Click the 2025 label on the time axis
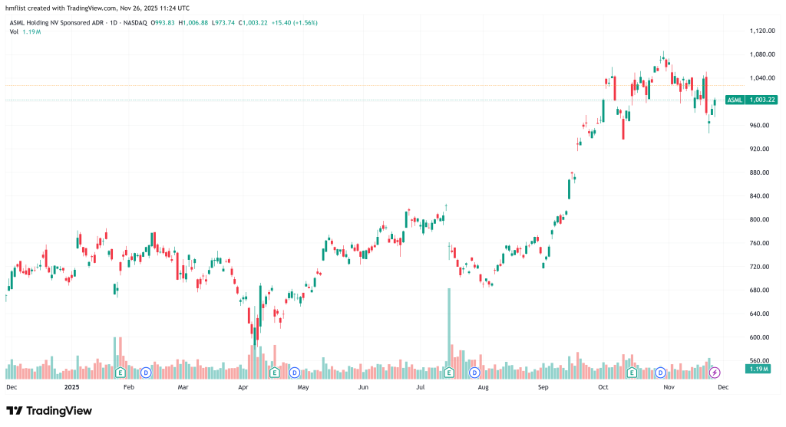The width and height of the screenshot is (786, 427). pyautogui.click(x=71, y=388)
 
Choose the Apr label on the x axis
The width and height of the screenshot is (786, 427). pyautogui.click(x=243, y=388)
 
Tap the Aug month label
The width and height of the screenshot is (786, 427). pyautogui.click(x=483, y=388)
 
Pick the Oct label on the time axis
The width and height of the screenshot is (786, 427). pyautogui.click(x=603, y=388)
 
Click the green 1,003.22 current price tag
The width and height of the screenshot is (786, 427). pyautogui.click(x=762, y=100)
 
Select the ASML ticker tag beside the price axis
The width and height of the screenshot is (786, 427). pyautogui.click(x=735, y=100)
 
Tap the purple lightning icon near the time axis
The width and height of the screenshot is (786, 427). pyautogui.click(x=715, y=373)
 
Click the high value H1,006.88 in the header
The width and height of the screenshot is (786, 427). pyautogui.click(x=193, y=22)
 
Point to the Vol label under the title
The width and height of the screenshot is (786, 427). pyautogui.click(x=14, y=32)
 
